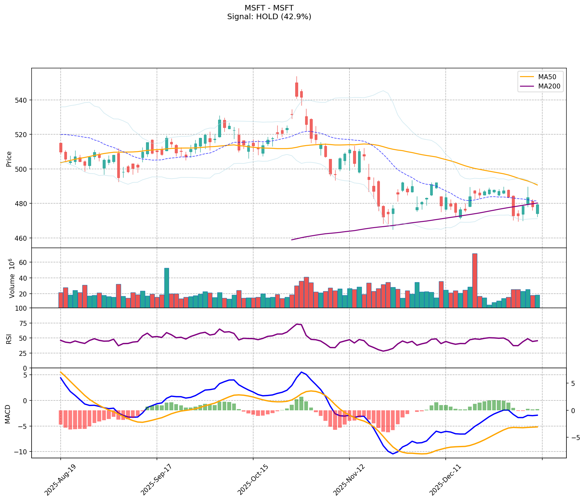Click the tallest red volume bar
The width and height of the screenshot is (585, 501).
pos(474,280)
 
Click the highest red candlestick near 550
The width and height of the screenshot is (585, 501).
pos(297,89)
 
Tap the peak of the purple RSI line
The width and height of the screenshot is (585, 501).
pos(297,324)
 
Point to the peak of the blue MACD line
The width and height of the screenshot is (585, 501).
pos(301,372)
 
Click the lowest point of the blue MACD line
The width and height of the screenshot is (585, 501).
pos(393,454)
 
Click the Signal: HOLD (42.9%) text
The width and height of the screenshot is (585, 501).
pos(269,17)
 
